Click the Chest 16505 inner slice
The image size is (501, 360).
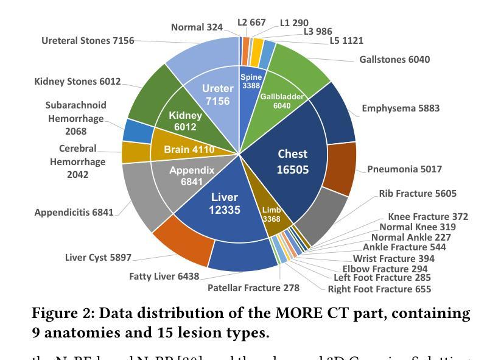292,161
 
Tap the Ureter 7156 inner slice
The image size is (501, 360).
217,95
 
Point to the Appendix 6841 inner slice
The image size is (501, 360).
192,176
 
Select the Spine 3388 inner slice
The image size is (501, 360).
251,82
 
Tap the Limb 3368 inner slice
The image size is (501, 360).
272,214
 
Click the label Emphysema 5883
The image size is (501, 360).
401,108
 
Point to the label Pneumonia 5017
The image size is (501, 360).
404,169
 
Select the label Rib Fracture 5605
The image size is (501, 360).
418,194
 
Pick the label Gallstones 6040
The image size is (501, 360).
394,59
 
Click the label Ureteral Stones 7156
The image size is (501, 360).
88,41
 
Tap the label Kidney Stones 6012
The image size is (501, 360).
77,82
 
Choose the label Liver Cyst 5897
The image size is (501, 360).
98,258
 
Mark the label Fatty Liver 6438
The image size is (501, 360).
164,277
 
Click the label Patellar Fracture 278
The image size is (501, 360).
253,288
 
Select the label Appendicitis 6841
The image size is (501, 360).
74,213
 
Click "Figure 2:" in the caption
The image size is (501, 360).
63,314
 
